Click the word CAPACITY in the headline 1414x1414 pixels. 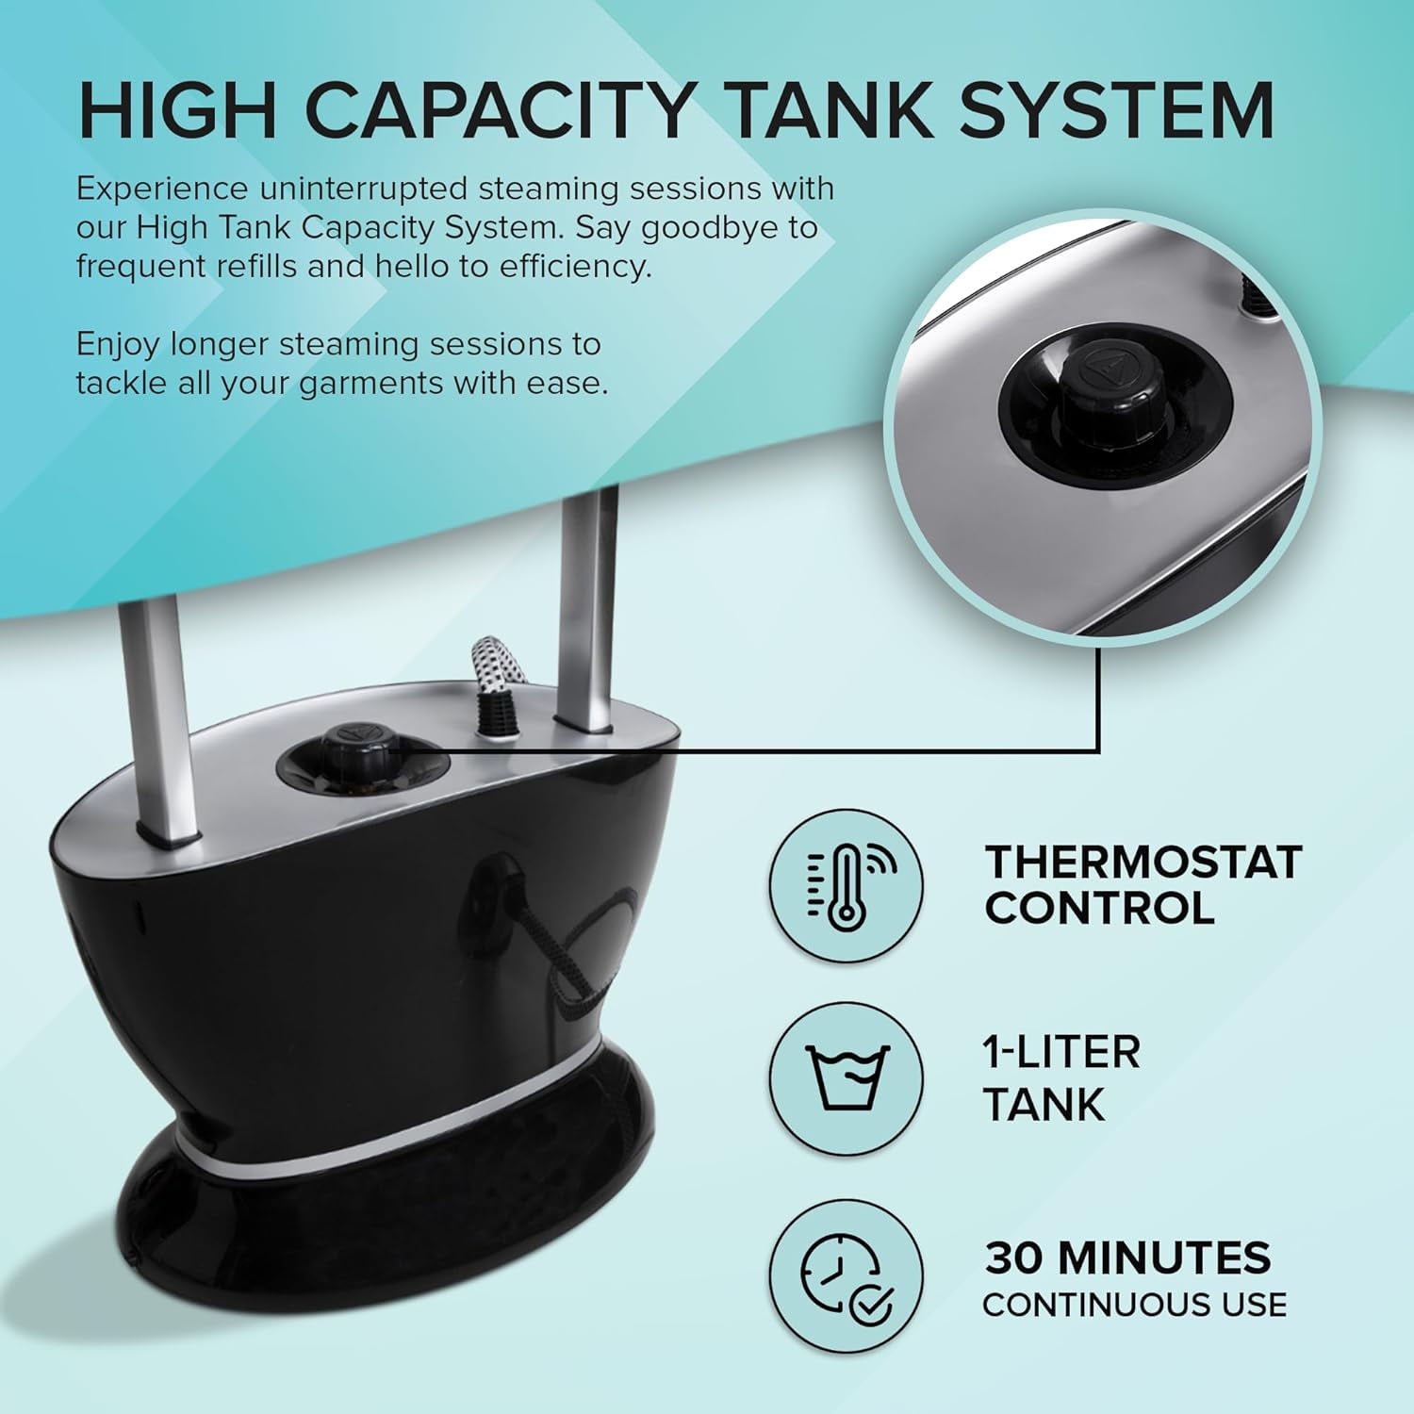pos(500,110)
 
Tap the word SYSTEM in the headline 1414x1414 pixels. pos(1116,110)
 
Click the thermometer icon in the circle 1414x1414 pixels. pos(845,886)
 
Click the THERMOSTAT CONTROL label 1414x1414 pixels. pos(1143,884)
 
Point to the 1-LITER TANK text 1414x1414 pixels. pos(1060,1077)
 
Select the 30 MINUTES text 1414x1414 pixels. pos(1127,1258)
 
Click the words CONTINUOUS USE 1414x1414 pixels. pos(1134,1305)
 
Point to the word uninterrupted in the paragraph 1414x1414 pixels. pos(363,189)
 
